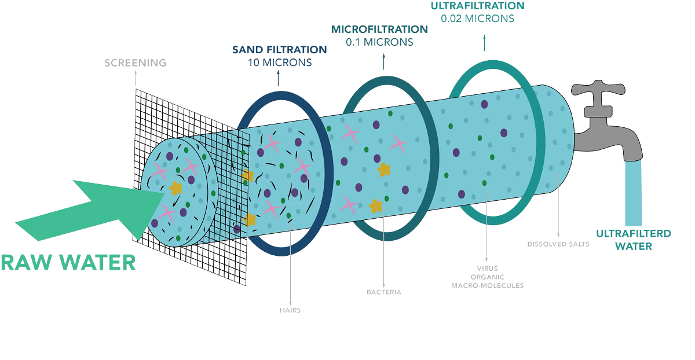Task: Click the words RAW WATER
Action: point(68,262)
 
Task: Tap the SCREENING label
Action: point(135,63)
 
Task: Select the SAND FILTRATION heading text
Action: point(279,49)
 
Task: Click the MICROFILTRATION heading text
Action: point(379,29)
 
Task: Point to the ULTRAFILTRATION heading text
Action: point(478,6)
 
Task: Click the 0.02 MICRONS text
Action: point(477,18)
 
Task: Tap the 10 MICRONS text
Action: point(279,62)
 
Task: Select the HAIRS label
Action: point(290,310)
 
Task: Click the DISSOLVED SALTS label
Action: point(558,244)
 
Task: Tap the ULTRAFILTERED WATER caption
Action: point(634,240)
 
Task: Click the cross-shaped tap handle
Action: point(598,90)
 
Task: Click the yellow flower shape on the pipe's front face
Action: point(175,188)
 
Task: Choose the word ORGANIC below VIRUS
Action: point(487,277)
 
